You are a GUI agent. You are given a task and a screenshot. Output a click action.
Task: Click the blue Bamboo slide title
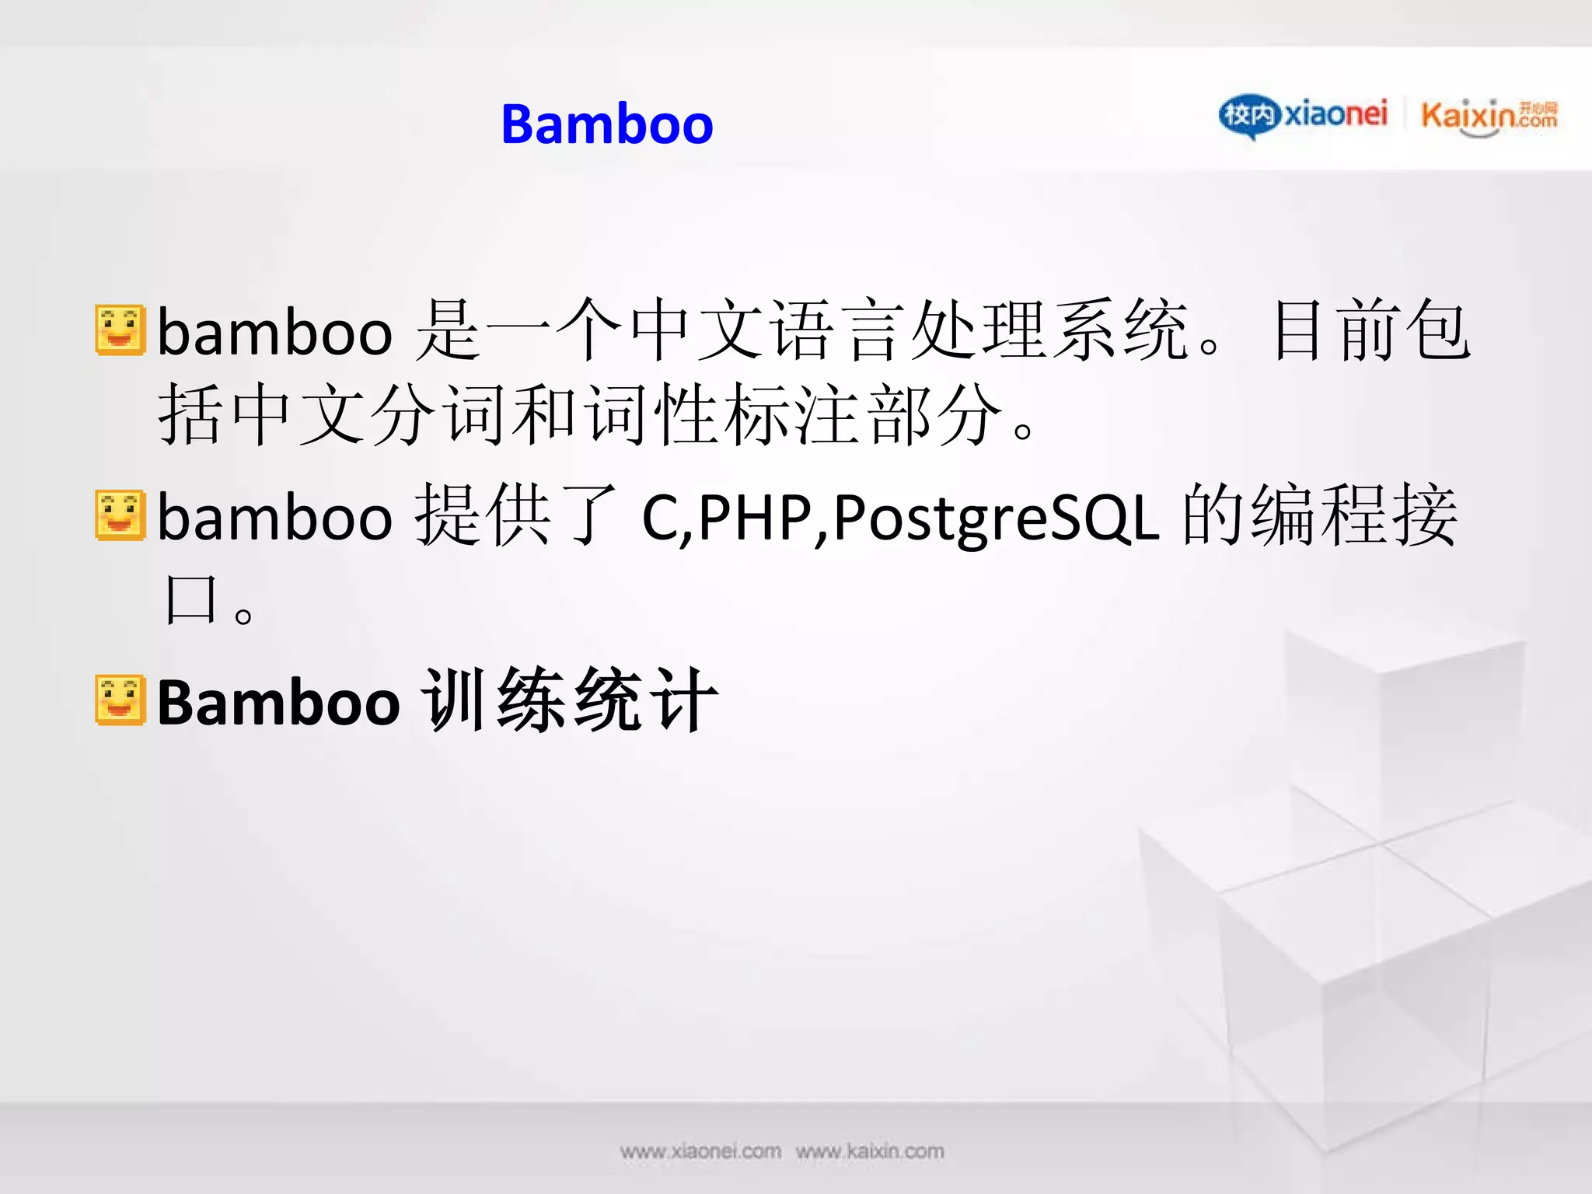pyautogui.click(x=606, y=124)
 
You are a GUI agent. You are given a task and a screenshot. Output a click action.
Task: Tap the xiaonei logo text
pyautogui.click(x=1335, y=115)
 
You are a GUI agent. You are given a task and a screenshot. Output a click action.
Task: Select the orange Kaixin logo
pyautogui.click(x=1488, y=117)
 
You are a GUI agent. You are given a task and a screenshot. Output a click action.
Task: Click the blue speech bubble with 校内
pyautogui.click(x=1248, y=117)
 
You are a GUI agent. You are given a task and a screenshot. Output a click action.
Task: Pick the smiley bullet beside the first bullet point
pyautogui.click(x=120, y=330)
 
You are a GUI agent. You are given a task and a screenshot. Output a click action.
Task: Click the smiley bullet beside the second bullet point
pyautogui.click(x=120, y=515)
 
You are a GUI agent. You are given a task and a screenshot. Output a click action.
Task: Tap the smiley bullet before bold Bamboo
pyautogui.click(x=120, y=700)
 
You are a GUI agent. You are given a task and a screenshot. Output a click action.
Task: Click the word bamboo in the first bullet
pyautogui.click(x=275, y=333)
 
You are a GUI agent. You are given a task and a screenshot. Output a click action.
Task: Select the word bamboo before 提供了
pyautogui.click(x=275, y=518)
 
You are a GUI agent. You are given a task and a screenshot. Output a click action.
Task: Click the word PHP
pyautogui.click(x=754, y=518)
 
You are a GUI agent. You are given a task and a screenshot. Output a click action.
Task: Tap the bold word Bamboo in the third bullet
pyautogui.click(x=278, y=702)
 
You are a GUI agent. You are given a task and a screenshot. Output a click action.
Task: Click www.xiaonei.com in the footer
pyautogui.click(x=700, y=1151)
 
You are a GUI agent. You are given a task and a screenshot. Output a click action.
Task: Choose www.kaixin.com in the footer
pyautogui.click(x=870, y=1151)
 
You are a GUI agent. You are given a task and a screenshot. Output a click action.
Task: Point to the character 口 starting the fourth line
pyautogui.click(x=190, y=599)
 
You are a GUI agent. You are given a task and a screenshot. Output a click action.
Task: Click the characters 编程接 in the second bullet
pyautogui.click(x=1354, y=515)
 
